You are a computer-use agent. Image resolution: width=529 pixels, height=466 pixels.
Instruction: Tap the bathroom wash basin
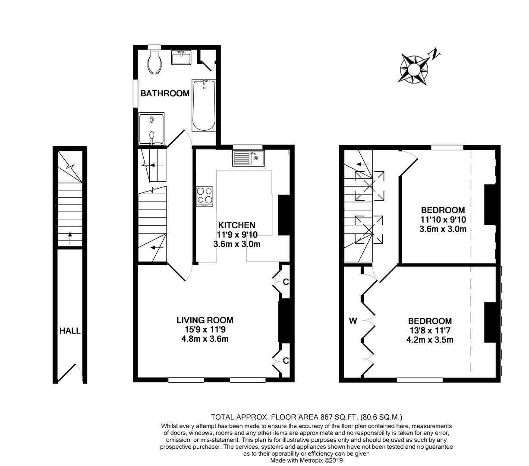click(181, 57)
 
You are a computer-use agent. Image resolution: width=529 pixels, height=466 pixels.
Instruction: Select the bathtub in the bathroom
click(204, 105)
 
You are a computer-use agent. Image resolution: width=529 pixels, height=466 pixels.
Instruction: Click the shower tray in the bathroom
click(151, 129)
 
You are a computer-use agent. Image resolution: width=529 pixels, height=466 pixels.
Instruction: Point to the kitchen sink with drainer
click(248, 158)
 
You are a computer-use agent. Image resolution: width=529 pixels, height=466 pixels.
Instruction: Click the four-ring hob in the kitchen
click(205, 197)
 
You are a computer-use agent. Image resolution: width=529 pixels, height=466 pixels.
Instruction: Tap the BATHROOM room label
click(165, 93)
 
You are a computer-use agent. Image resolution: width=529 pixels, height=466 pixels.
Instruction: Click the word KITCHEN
click(236, 225)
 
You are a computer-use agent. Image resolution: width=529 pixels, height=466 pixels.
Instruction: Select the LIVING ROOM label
click(205, 320)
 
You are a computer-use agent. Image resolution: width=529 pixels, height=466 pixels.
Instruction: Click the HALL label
click(70, 331)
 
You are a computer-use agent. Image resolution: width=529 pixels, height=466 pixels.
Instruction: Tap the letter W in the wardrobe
click(353, 321)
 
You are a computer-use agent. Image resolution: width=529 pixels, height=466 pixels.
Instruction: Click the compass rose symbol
click(414, 69)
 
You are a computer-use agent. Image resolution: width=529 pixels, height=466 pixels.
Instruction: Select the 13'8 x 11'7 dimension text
click(430, 331)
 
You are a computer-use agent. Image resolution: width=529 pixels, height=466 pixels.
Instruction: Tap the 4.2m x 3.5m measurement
click(430, 340)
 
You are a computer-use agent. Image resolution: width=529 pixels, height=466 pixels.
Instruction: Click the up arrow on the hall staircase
click(70, 238)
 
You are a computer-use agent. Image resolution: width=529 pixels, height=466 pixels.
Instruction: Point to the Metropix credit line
click(306, 460)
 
